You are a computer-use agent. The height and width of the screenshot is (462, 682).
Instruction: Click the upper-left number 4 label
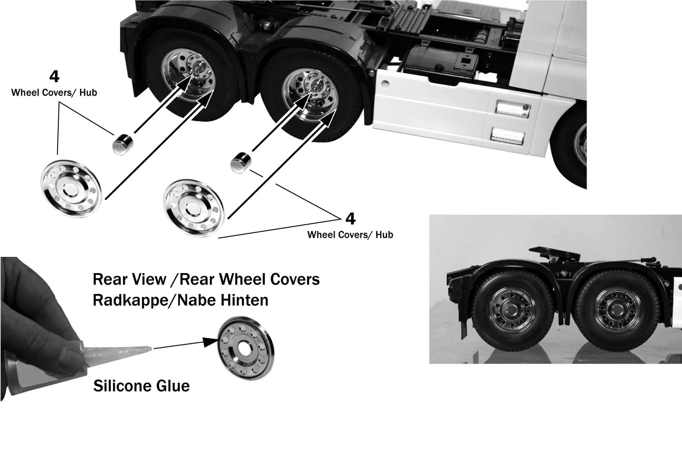54,77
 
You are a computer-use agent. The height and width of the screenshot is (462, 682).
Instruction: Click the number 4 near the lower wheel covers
351,218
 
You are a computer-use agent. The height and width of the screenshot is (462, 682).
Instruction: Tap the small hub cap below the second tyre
241,162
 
